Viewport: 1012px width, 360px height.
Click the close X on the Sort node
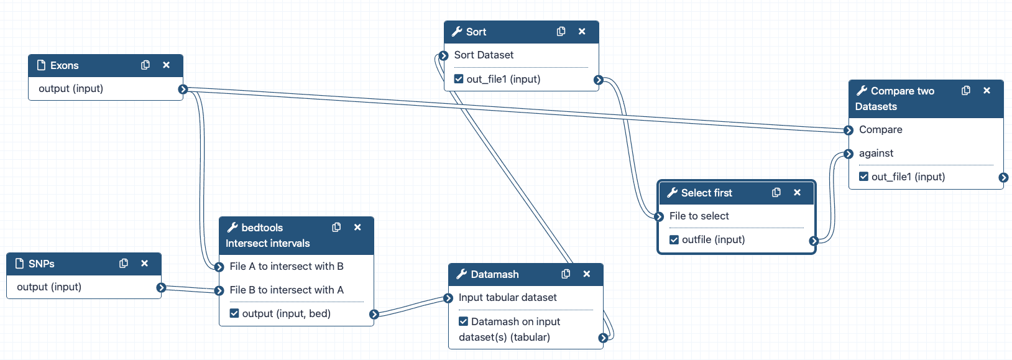coord(582,32)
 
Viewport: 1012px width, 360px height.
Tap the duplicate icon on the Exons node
coord(145,65)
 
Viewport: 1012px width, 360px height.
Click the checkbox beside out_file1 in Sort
coord(459,79)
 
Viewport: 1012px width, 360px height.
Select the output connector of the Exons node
coord(183,89)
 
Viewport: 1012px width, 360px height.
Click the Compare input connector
coord(849,130)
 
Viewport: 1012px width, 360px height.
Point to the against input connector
coord(849,154)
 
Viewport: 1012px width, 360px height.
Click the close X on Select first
coord(797,193)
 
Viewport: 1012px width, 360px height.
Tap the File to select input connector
coord(659,216)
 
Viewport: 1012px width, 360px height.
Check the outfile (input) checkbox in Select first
coord(674,240)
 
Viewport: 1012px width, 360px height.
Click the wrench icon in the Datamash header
coord(462,274)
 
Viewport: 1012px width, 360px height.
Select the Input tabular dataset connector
coord(448,298)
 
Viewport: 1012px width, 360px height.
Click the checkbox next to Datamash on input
coord(463,321)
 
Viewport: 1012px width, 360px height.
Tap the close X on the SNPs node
coord(144,264)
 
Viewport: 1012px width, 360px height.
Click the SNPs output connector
coord(161,287)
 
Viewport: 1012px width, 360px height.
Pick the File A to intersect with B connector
coord(219,267)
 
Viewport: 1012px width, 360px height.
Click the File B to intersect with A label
coord(286,290)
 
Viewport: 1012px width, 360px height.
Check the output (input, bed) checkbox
coord(234,313)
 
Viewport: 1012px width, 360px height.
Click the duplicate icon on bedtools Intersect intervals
coord(336,228)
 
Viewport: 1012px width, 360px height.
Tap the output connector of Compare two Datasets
coord(1003,177)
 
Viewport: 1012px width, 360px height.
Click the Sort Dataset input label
coord(484,55)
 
